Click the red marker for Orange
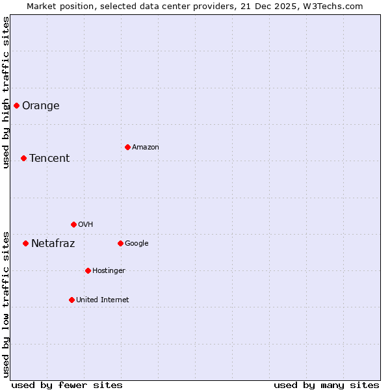pos(16,105)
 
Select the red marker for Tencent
pos(23,158)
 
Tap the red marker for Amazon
pos(127,147)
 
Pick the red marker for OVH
pos(73,224)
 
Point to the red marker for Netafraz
pos(25,243)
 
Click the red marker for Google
pos(120,243)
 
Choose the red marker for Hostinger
pos(88,270)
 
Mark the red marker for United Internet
pos(71,300)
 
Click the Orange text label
pos(40,106)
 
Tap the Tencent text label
pos(49,159)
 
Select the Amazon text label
pos(146,148)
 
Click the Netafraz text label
pos(53,244)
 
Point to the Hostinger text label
pos(109,271)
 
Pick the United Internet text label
pos(102,300)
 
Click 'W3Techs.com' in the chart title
pos(335,6)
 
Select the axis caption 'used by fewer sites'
pos(67,385)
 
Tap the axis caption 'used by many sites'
pos(326,385)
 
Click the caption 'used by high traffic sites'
pos(6,92)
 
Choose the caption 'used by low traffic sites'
pos(6,304)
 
